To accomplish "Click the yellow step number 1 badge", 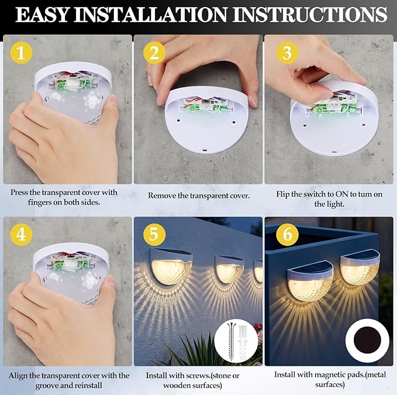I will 21,54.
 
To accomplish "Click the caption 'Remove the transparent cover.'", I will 199,195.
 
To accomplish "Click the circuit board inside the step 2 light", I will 201,105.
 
